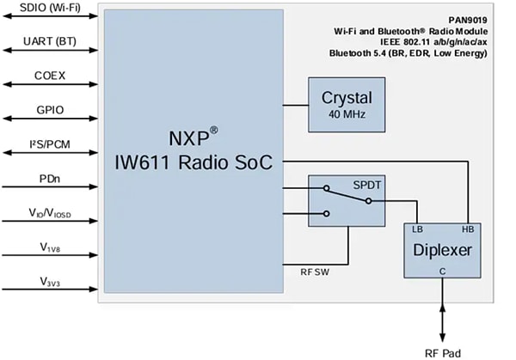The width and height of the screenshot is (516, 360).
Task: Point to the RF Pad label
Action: [x=444, y=351]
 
